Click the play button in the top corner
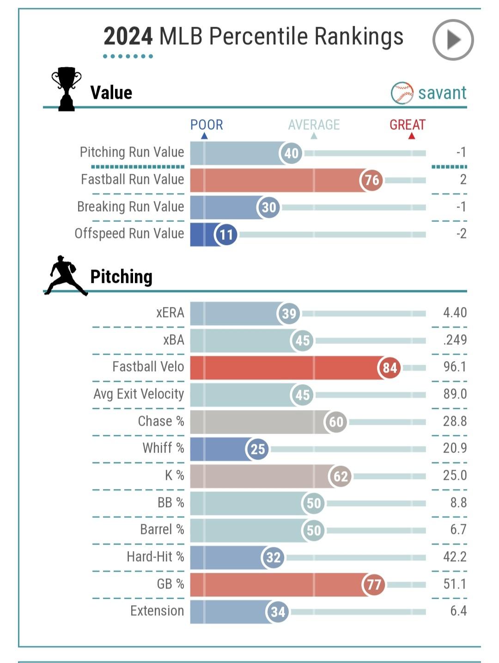453,40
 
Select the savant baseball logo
402,93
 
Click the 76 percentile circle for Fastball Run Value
371,180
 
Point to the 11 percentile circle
226,234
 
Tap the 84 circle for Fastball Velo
389,368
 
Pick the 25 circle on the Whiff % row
257,449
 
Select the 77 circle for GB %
373,585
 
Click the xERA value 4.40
455,313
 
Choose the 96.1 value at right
455,367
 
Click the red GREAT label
407,125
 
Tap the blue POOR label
207,125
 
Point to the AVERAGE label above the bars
314,125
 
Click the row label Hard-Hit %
155,557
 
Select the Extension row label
157,611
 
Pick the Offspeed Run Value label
129,233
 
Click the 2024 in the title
128,37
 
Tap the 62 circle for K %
341,476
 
